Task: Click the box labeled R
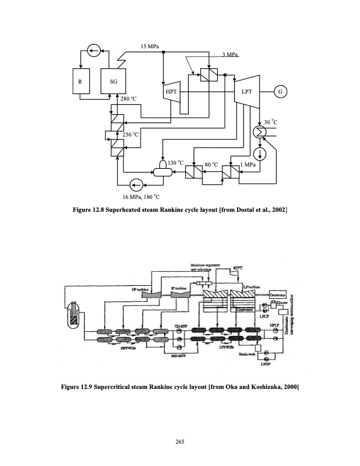[81, 83]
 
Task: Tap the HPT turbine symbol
[171, 92]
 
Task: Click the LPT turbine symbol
[246, 92]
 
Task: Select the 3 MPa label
[231, 55]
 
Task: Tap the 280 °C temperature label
[128, 99]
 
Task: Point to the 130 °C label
[176, 162]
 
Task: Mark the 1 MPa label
[249, 165]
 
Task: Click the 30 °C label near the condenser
[270, 122]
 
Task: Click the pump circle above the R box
[92, 50]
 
